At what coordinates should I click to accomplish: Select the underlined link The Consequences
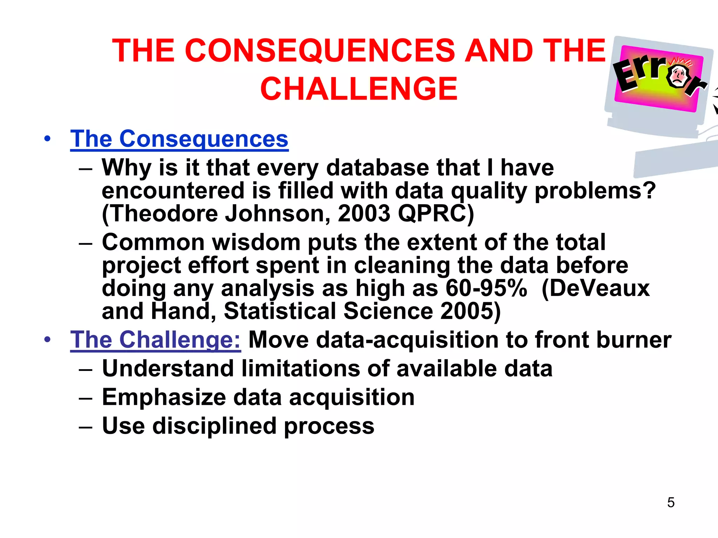coord(179,139)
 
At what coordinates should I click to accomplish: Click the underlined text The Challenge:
coord(155,340)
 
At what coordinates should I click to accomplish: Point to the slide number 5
coord(671,503)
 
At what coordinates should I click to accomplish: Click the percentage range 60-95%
coord(486,288)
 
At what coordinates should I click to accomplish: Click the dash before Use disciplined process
coord(86,427)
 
